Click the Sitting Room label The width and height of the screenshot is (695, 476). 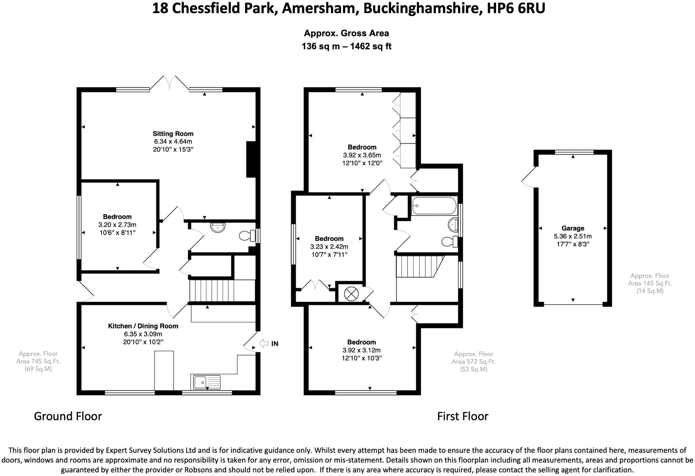pyautogui.click(x=173, y=134)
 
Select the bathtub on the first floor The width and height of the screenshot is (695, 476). pyautogui.click(x=434, y=206)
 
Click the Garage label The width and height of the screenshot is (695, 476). pyautogui.click(x=573, y=228)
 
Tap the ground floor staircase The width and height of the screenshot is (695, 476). pyautogui.click(x=222, y=291)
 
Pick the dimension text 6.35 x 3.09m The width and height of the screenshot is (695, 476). pyautogui.click(x=143, y=334)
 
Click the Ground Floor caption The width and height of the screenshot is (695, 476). pyautogui.click(x=68, y=416)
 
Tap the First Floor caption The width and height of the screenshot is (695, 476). pyautogui.click(x=463, y=416)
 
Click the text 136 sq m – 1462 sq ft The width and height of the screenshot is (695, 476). pyautogui.click(x=346, y=46)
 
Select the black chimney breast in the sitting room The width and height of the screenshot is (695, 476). pyautogui.click(x=251, y=159)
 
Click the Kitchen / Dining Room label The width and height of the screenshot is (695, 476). pyautogui.click(x=143, y=326)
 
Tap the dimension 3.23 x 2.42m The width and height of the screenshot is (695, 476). pyautogui.click(x=329, y=247)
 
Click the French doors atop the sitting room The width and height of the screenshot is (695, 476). pyautogui.click(x=169, y=83)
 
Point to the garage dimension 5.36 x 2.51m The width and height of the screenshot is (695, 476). pyautogui.click(x=573, y=236)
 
